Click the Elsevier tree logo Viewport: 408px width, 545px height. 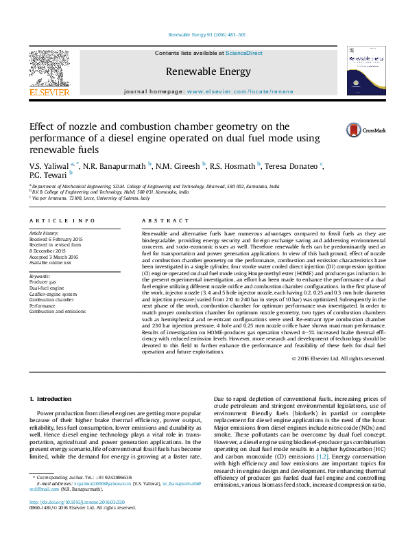point(49,69)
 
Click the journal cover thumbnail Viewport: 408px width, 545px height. point(365,71)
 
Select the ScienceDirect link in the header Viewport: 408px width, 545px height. point(245,53)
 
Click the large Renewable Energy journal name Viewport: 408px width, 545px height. point(203,70)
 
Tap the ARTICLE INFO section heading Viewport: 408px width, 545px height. point(62,220)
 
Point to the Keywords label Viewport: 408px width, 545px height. point(40,276)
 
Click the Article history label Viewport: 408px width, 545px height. point(45,233)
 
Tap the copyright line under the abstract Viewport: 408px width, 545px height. point(339,358)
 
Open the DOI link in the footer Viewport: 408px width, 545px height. point(67,522)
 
